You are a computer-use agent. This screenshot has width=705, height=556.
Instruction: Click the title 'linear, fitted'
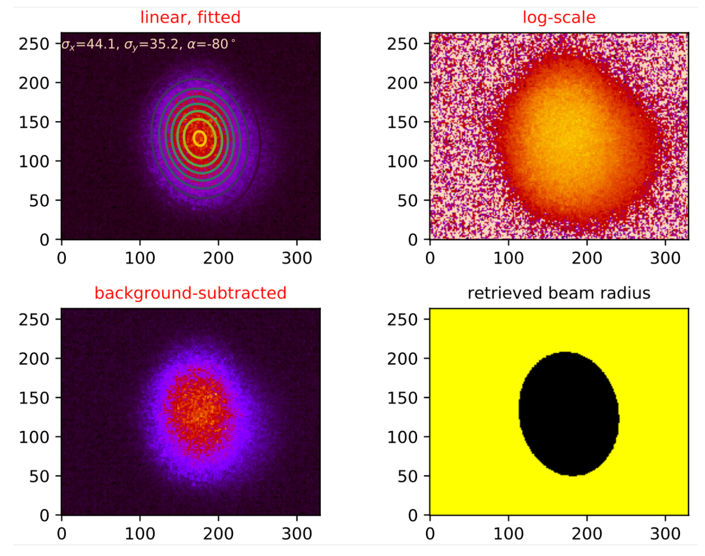pos(190,17)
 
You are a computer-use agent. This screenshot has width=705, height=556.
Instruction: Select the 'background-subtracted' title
pos(190,293)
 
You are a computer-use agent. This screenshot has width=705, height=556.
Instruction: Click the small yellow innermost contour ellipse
pos(199,139)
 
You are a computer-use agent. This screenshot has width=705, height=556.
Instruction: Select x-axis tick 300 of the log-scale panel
pos(665,258)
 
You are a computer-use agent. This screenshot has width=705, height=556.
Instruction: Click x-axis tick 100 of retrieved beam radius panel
pos(508,534)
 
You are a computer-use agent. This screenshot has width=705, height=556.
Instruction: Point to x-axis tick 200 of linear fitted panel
pos(218,258)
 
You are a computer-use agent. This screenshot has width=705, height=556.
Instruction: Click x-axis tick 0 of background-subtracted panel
pos(62,534)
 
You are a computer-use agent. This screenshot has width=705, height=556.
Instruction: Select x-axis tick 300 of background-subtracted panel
pos(297,534)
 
